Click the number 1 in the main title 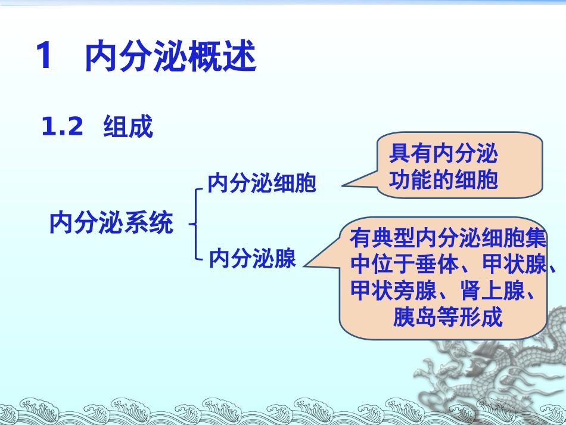pyautogui.click(x=45, y=57)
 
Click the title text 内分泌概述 pyautogui.click(x=170, y=57)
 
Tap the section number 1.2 pyautogui.click(x=62, y=126)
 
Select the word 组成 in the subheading pyautogui.click(x=128, y=127)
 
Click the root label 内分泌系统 pyautogui.click(x=111, y=224)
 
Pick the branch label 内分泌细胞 pyautogui.click(x=262, y=184)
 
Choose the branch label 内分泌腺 pyautogui.click(x=253, y=259)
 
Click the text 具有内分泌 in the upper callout pyautogui.click(x=443, y=155)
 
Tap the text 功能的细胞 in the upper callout pyautogui.click(x=443, y=180)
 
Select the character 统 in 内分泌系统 pyautogui.click(x=161, y=224)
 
